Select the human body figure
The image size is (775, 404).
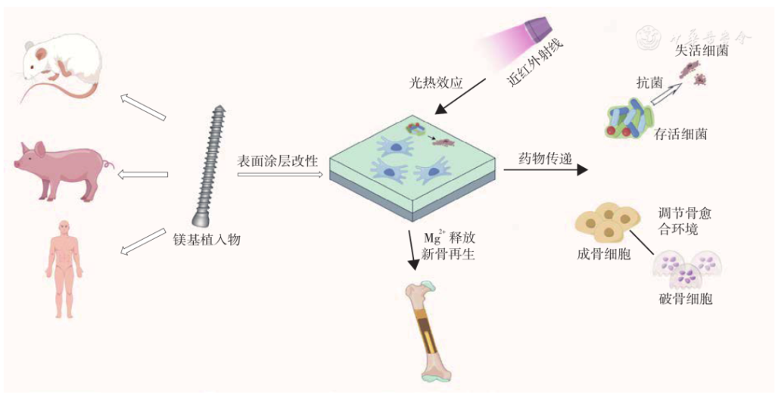point(64,269)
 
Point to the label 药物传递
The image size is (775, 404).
point(544,159)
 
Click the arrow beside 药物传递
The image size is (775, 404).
point(545,171)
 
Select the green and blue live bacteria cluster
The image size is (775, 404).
point(630,120)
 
